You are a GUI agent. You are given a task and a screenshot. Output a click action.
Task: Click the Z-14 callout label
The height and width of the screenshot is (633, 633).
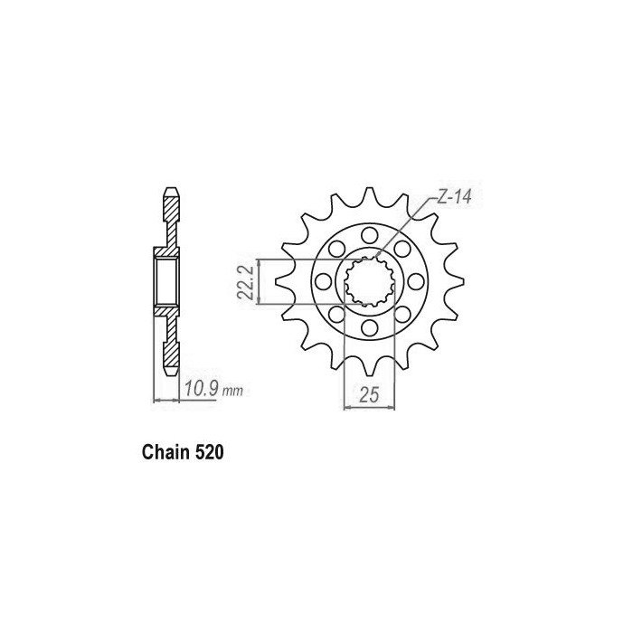[x=454, y=198]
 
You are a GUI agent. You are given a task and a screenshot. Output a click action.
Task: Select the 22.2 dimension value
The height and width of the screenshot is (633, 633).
[x=245, y=282]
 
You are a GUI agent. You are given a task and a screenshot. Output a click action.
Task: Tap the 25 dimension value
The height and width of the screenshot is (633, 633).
[x=369, y=394]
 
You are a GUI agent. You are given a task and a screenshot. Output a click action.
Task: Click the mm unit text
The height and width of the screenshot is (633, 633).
[x=233, y=391]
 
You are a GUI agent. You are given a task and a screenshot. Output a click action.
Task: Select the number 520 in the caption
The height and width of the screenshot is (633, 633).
[x=209, y=452]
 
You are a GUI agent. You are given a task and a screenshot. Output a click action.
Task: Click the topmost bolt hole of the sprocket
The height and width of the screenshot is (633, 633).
[x=369, y=233]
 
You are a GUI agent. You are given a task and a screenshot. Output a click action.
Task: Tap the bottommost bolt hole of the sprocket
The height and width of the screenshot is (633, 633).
[x=369, y=328]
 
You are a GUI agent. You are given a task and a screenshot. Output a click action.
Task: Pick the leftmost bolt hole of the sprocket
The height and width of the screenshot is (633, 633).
[x=322, y=281]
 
